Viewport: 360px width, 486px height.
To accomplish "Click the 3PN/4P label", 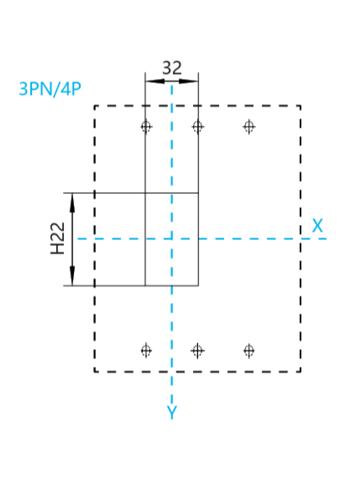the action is (50, 89).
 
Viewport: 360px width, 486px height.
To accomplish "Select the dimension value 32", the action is (172, 68).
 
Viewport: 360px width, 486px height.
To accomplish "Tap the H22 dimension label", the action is (58, 238).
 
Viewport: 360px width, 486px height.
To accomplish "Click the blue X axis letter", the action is (317, 226).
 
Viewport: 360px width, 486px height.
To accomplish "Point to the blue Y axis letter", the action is (172, 412).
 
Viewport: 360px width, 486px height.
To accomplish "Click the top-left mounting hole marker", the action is (146, 127).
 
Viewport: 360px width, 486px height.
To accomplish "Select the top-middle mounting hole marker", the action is (198, 127).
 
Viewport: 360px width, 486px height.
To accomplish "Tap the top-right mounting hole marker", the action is (249, 127).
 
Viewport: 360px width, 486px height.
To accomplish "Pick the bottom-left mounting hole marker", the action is (146, 351).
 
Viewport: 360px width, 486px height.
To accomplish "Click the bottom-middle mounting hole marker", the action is (198, 351).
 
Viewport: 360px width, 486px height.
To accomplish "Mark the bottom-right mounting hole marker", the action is (249, 351).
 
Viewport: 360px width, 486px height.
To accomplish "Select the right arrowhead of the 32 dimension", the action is (189, 81).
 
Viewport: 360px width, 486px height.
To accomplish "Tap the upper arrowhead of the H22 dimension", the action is (72, 202).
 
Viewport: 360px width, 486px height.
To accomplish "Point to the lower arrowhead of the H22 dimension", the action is (72, 276).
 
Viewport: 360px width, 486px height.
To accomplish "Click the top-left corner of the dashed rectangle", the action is (95, 106).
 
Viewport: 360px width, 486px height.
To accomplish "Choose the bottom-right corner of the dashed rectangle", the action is (300, 371).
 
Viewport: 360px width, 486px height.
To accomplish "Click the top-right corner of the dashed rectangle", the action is (300, 106).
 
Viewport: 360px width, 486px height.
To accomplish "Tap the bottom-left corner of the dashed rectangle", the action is (95, 371).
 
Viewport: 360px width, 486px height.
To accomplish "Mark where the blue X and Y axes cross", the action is (172, 238).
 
